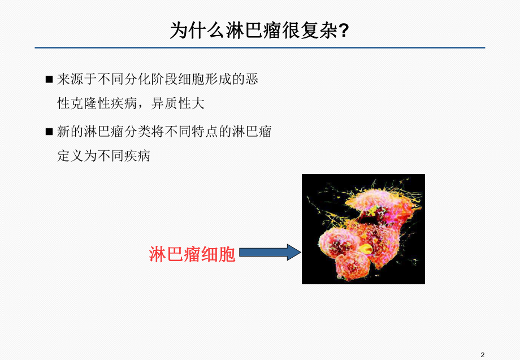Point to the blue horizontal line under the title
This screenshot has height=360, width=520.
259,47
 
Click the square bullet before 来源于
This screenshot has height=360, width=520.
49,80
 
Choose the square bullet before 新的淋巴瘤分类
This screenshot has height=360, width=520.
49,132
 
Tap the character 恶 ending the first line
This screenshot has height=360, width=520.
252,80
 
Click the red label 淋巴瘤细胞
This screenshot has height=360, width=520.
192,254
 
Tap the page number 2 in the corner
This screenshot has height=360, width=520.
482,354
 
